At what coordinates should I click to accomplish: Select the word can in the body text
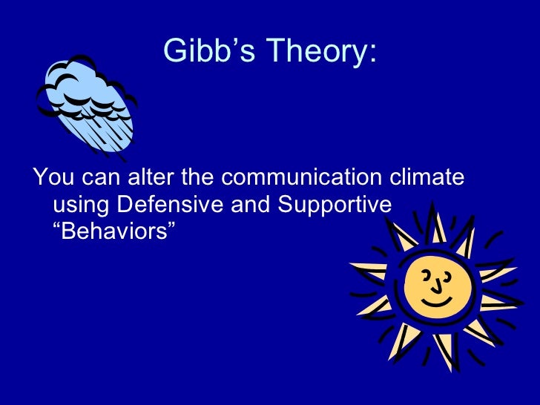coord(96,179)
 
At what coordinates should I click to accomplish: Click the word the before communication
coord(194,179)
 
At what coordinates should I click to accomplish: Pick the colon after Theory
coord(372,55)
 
